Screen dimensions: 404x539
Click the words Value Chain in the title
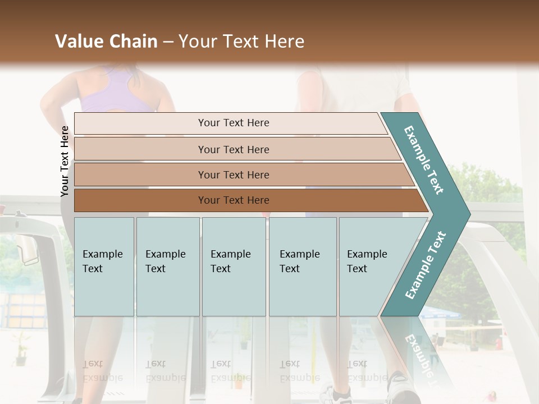tap(106, 42)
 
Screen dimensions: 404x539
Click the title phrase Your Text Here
tap(241, 42)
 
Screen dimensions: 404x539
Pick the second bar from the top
tap(234, 149)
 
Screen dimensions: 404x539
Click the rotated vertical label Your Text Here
tap(65, 161)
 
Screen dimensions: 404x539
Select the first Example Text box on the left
tap(104, 266)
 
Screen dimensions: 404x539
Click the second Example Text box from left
tap(167, 266)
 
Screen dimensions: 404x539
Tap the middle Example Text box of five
tap(233, 266)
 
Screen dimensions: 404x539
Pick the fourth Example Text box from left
tap(302, 266)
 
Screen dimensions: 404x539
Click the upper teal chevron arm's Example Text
tap(424, 160)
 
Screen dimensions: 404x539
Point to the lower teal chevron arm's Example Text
tap(426, 265)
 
